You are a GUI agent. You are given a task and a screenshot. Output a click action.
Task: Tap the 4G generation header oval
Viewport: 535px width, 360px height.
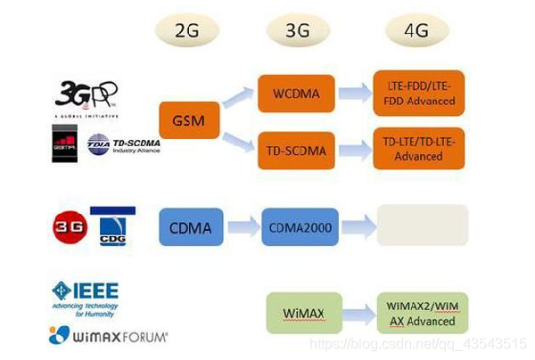(x=417, y=30)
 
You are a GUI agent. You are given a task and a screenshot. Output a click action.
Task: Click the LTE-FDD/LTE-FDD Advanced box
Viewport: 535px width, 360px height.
(x=421, y=94)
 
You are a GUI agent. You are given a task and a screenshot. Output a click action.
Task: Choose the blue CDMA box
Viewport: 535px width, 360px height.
(x=189, y=228)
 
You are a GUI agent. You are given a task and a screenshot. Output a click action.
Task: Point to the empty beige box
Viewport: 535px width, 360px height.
(x=423, y=225)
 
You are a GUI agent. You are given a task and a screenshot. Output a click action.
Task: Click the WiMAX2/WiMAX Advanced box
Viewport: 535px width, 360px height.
(x=422, y=313)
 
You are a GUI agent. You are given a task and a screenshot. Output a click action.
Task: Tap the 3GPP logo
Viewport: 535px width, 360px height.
(x=86, y=96)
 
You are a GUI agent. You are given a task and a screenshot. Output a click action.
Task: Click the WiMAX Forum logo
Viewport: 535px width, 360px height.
(x=107, y=336)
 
